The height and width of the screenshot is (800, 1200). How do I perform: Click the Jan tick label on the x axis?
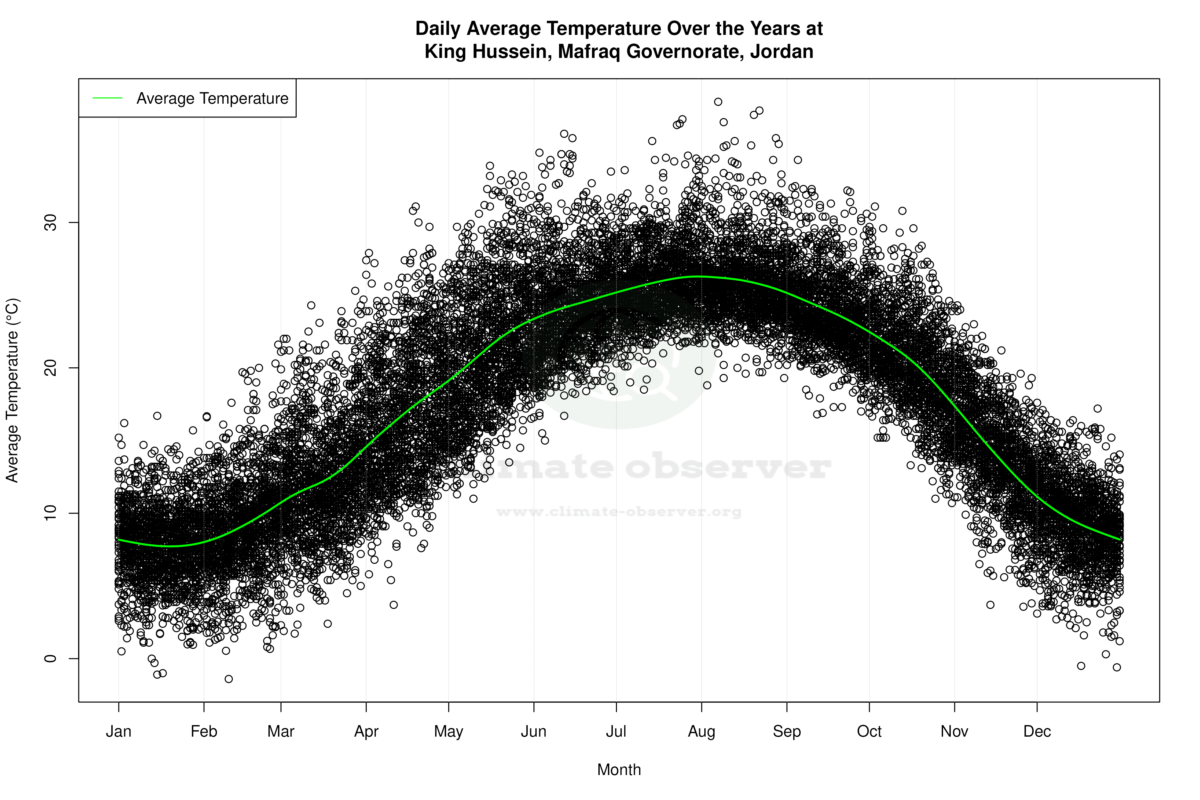[x=118, y=732]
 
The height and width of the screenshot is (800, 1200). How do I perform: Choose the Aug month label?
[x=701, y=732]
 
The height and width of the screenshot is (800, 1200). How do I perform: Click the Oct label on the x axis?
[x=869, y=732]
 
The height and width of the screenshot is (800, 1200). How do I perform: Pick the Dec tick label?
[x=1037, y=732]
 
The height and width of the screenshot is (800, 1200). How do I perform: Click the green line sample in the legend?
[x=108, y=98]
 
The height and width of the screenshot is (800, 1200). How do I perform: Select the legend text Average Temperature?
[x=212, y=99]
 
